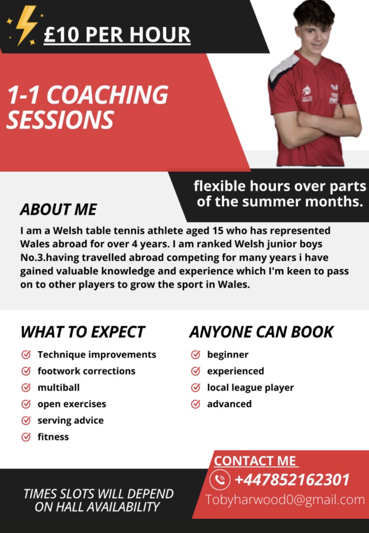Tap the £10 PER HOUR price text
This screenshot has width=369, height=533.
pos(117,35)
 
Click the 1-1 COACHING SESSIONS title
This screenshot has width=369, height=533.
pos(87,107)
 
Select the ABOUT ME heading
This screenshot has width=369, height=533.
pos(58,209)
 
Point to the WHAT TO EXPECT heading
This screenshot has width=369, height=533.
pos(83,332)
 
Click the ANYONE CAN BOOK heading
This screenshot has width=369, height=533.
pos(261,332)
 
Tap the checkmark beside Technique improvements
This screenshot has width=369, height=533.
pos(26,355)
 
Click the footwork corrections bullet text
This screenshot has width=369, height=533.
pos(86,371)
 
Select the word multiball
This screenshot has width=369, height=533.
pos(58,388)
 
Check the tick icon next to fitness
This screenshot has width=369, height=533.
pos(26,437)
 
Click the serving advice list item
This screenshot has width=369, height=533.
pos(70,420)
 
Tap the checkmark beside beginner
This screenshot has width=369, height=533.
pos(195,355)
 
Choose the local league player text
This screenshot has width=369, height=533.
pos(250,388)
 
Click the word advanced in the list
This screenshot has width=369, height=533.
pos(229,404)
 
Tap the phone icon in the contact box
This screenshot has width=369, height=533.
pos(220,480)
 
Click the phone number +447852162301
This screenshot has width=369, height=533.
pos(292,480)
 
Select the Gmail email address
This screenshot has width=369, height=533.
pos(285,500)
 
